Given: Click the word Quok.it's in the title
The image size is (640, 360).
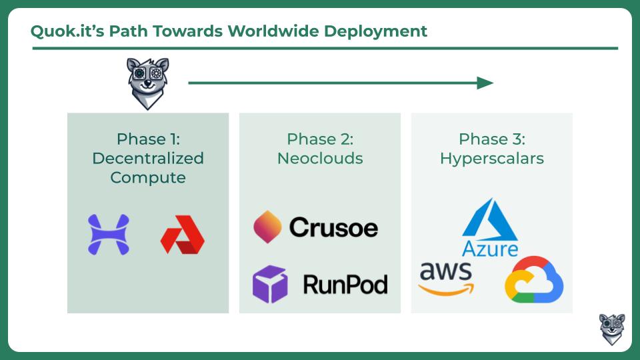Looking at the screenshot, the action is [67, 31].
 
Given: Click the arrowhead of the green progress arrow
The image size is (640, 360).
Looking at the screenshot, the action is [485, 83].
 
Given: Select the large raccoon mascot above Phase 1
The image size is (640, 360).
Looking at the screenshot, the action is [147, 83].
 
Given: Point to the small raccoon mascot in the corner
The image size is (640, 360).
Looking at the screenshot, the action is [612, 329].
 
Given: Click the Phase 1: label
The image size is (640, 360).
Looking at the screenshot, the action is [148, 139].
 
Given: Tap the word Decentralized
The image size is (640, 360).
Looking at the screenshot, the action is [148, 159].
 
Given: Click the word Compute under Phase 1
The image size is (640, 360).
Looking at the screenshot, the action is [148, 178].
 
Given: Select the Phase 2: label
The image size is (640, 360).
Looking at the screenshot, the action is [320, 139].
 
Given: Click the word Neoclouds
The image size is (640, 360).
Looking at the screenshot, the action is [320, 159].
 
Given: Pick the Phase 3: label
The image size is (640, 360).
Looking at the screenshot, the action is [492, 139].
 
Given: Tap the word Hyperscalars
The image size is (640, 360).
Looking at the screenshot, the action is [492, 159].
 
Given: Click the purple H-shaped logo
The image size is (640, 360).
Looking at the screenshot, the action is [109, 235].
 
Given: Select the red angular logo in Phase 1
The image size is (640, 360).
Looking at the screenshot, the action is [183, 235].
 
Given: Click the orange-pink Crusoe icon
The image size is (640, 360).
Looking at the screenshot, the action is [267, 227].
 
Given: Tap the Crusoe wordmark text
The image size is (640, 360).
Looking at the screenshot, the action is [333, 227].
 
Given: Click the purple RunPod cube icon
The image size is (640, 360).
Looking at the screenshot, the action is [270, 284].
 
